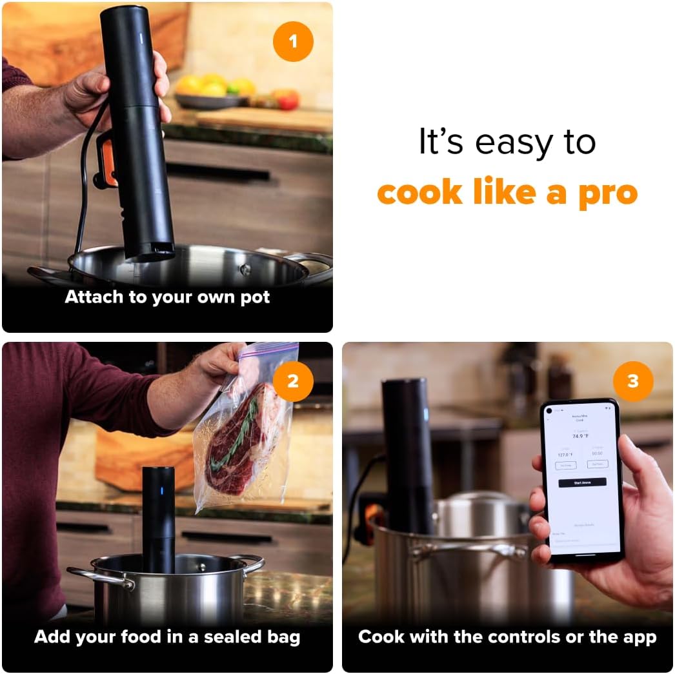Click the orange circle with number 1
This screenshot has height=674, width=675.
[293, 42]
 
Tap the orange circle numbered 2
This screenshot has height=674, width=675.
[293, 381]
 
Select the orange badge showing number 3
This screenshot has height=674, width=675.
[632, 381]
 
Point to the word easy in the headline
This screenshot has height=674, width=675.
[509, 143]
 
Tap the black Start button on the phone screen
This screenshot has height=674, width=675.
[581, 482]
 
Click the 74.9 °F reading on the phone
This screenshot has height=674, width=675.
[581, 437]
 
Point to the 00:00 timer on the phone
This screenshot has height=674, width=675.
[597, 453]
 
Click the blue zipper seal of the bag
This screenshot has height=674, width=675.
[270, 352]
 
